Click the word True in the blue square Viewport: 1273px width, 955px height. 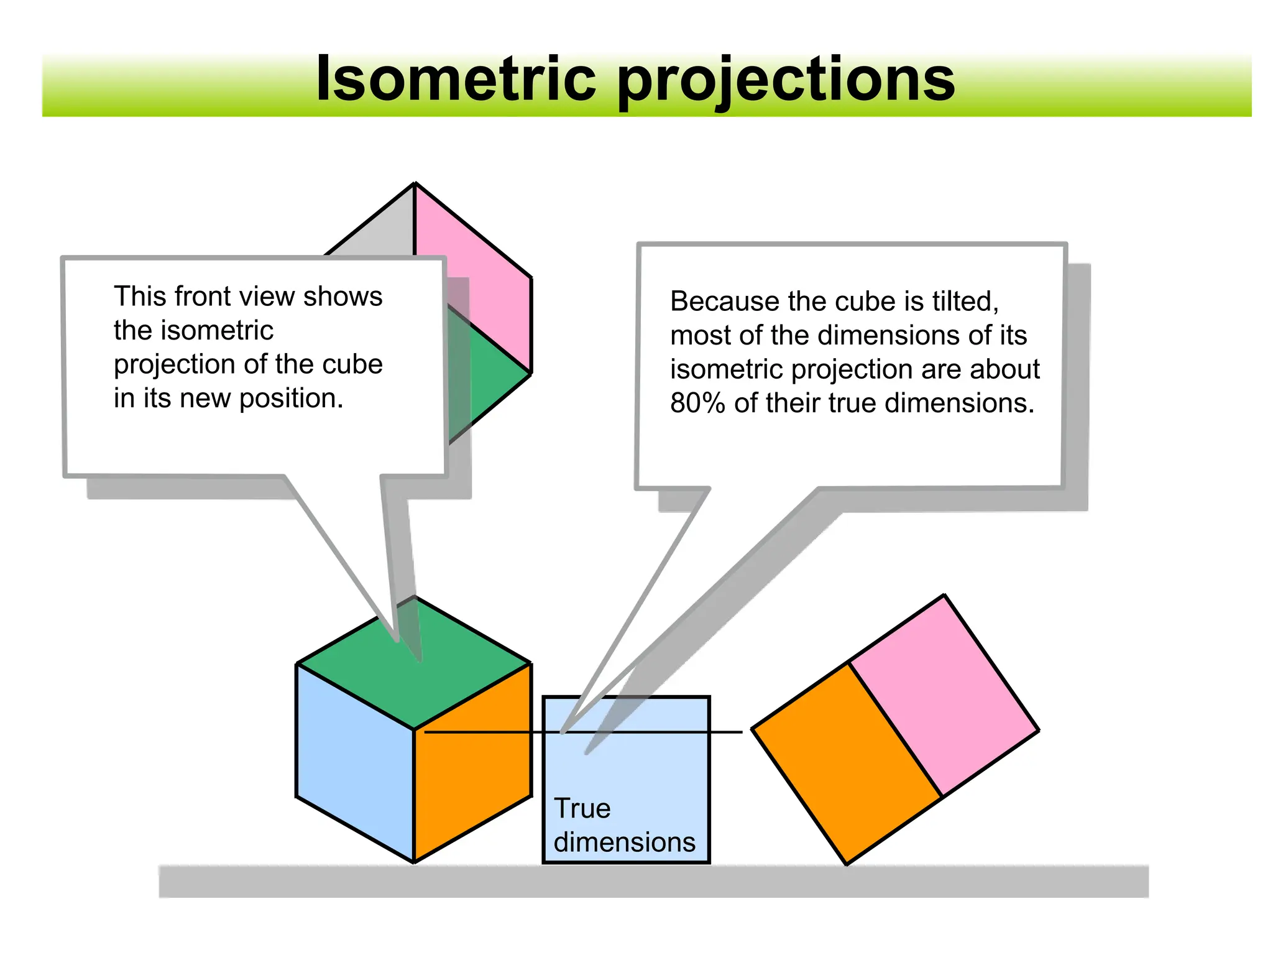(x=582, y=808)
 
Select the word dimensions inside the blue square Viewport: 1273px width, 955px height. (x=624, y=842)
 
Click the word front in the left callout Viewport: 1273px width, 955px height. (x=198, y=297)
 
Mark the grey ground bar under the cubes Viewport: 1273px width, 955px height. (x=653, y=881)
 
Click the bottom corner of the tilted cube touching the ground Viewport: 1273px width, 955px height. (x=847, y=863)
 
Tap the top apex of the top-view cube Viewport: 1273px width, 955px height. (x=415, y=184)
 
